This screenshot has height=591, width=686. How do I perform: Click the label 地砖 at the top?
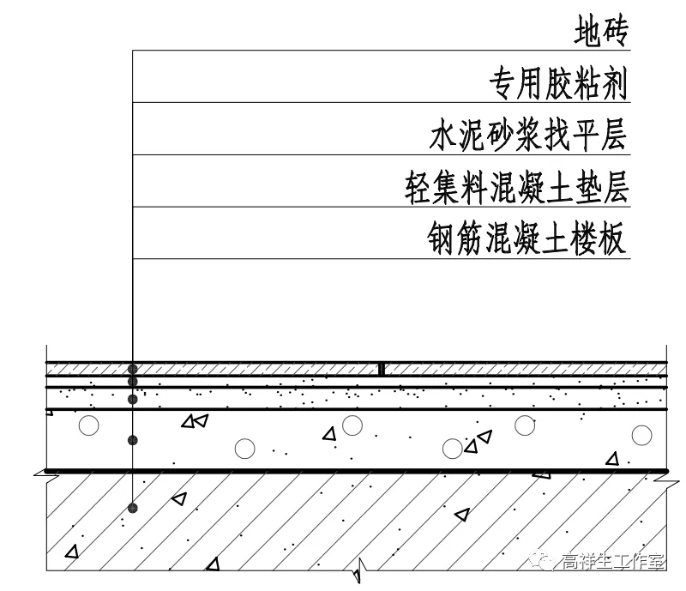(602, 33)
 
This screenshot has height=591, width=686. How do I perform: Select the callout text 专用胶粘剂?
(558, 84)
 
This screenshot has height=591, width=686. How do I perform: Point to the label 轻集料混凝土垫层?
(517, 188)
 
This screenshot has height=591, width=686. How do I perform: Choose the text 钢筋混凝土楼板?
(527, 239)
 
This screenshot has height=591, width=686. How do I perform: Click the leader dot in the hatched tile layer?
(133, 368)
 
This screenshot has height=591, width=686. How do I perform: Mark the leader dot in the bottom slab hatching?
(133, 508)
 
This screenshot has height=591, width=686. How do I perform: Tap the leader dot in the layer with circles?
(133, 440)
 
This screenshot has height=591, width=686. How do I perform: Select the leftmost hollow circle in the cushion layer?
(87, 425)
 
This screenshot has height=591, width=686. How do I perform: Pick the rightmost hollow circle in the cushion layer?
(641, 435)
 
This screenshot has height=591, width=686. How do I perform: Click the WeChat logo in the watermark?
(544, 562)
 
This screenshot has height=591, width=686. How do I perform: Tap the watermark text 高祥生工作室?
(612, 563)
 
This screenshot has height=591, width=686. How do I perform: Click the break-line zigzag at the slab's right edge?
(666, 479)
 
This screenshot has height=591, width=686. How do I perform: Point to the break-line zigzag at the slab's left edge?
(39, 473)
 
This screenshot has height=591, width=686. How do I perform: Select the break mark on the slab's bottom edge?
(364, 566)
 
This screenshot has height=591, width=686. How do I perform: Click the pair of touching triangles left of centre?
(194, 421)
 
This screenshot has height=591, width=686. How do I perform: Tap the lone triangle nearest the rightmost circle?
(611, 459)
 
